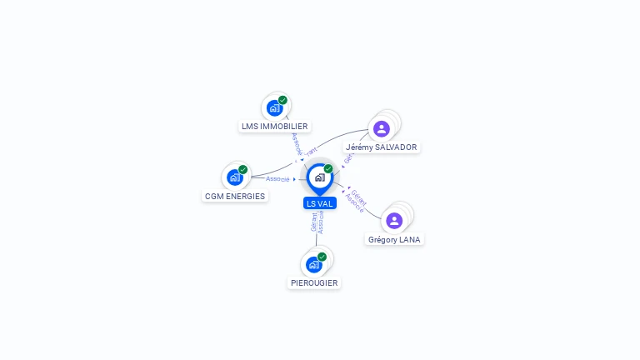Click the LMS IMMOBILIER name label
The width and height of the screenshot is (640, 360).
[274, 127]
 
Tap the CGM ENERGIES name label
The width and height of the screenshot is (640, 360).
[234, 197]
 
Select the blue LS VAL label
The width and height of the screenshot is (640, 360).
[319, 203]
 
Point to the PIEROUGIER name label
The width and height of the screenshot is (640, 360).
[314, 283]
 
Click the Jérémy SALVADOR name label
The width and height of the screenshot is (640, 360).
[382, 147]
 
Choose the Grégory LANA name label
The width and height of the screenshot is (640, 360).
[395, 240]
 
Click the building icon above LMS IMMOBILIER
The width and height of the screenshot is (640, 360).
[274, 107]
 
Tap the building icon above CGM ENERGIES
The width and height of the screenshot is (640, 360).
[235, 177]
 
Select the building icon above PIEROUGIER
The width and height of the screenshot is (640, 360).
[314, 264]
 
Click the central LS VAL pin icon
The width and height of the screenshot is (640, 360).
[319, 177]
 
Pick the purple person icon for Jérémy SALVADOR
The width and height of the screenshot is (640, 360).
[382, 128]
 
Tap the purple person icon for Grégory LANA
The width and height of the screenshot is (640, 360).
[394, 220]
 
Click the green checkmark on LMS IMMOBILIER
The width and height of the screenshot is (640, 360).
[282, 100]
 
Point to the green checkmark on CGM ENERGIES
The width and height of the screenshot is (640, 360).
[242, 169]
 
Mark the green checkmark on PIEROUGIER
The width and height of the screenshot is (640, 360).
[322, 257]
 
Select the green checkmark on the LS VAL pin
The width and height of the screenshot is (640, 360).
[328, 169]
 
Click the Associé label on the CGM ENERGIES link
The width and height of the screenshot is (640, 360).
[277, 179]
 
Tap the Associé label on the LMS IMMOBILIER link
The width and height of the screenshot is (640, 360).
[297, 143]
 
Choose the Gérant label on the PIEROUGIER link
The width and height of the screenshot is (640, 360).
[313, 222]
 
